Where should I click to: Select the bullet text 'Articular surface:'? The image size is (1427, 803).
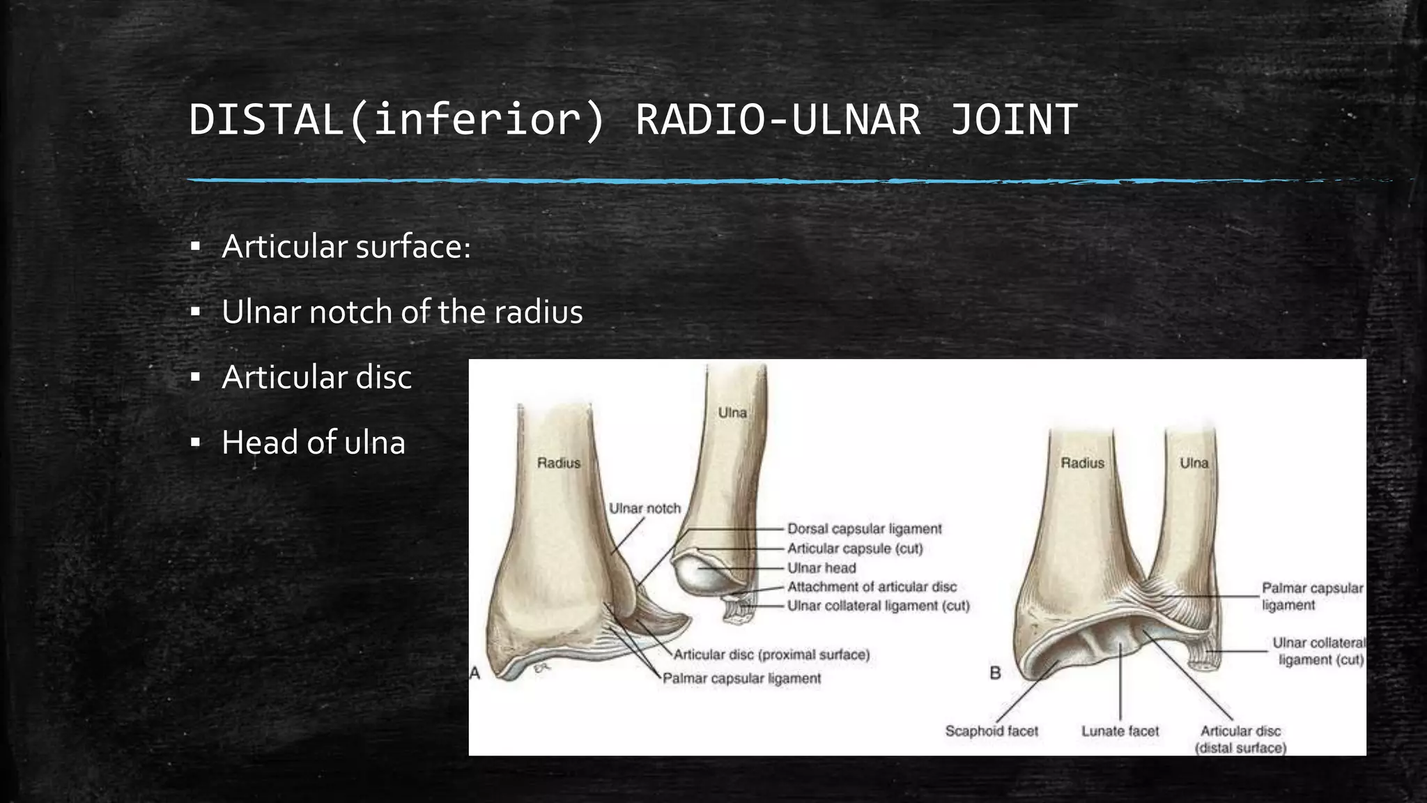[346, 247]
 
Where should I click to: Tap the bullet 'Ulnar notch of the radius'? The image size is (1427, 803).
[402, 312]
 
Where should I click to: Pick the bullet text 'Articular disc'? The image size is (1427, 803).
[316, 377]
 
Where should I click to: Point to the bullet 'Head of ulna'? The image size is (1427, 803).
[313, 443]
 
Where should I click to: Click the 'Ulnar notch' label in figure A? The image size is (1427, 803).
[645, 508]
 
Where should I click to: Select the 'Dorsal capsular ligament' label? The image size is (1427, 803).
[864, 529]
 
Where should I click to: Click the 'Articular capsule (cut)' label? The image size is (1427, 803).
[855, 549]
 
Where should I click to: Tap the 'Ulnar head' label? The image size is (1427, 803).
[822, 568]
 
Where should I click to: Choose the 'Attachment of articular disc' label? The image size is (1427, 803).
[872, 587]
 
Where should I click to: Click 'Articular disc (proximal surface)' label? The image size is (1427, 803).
[771, 655]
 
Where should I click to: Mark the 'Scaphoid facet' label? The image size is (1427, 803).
[991, 731]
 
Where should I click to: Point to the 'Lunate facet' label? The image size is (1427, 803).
[1120, 731]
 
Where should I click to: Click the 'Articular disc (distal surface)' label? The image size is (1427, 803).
[1240, 739]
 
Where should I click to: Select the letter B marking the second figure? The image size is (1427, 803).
[995, 673]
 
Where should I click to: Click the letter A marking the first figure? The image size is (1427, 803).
[475, 673]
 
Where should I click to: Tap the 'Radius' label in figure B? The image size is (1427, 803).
[1082, 463]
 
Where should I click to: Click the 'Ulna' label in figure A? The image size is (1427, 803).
[732, 413]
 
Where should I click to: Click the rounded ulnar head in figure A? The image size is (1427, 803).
[697, 575]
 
